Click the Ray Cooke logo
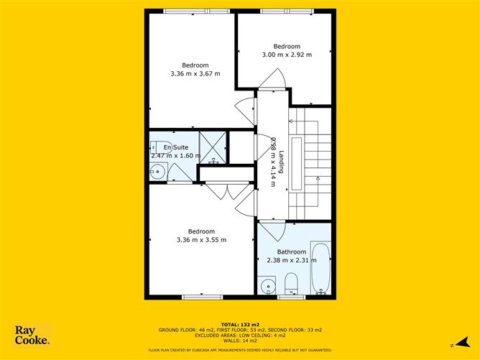(x=33, y=335)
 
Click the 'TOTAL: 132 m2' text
(x=240, y=324)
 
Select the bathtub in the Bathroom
(x=320, y=269)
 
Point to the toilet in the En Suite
(x=162, y=143)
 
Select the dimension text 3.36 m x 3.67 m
(x=195, y=74)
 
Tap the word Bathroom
(x=292, y=251)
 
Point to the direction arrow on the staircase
(x=317, y=176)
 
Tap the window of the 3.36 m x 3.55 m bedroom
(x=197, y=297)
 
